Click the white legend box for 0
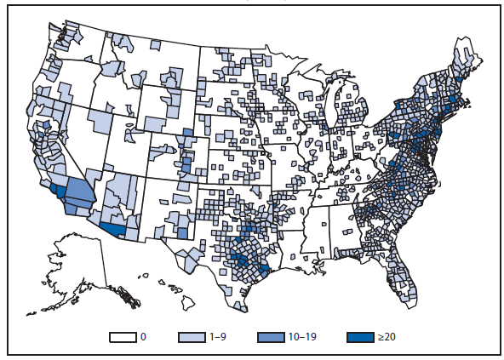coord(123,337)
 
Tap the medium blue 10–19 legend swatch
coord(272,337)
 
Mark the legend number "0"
coord(143,337)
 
